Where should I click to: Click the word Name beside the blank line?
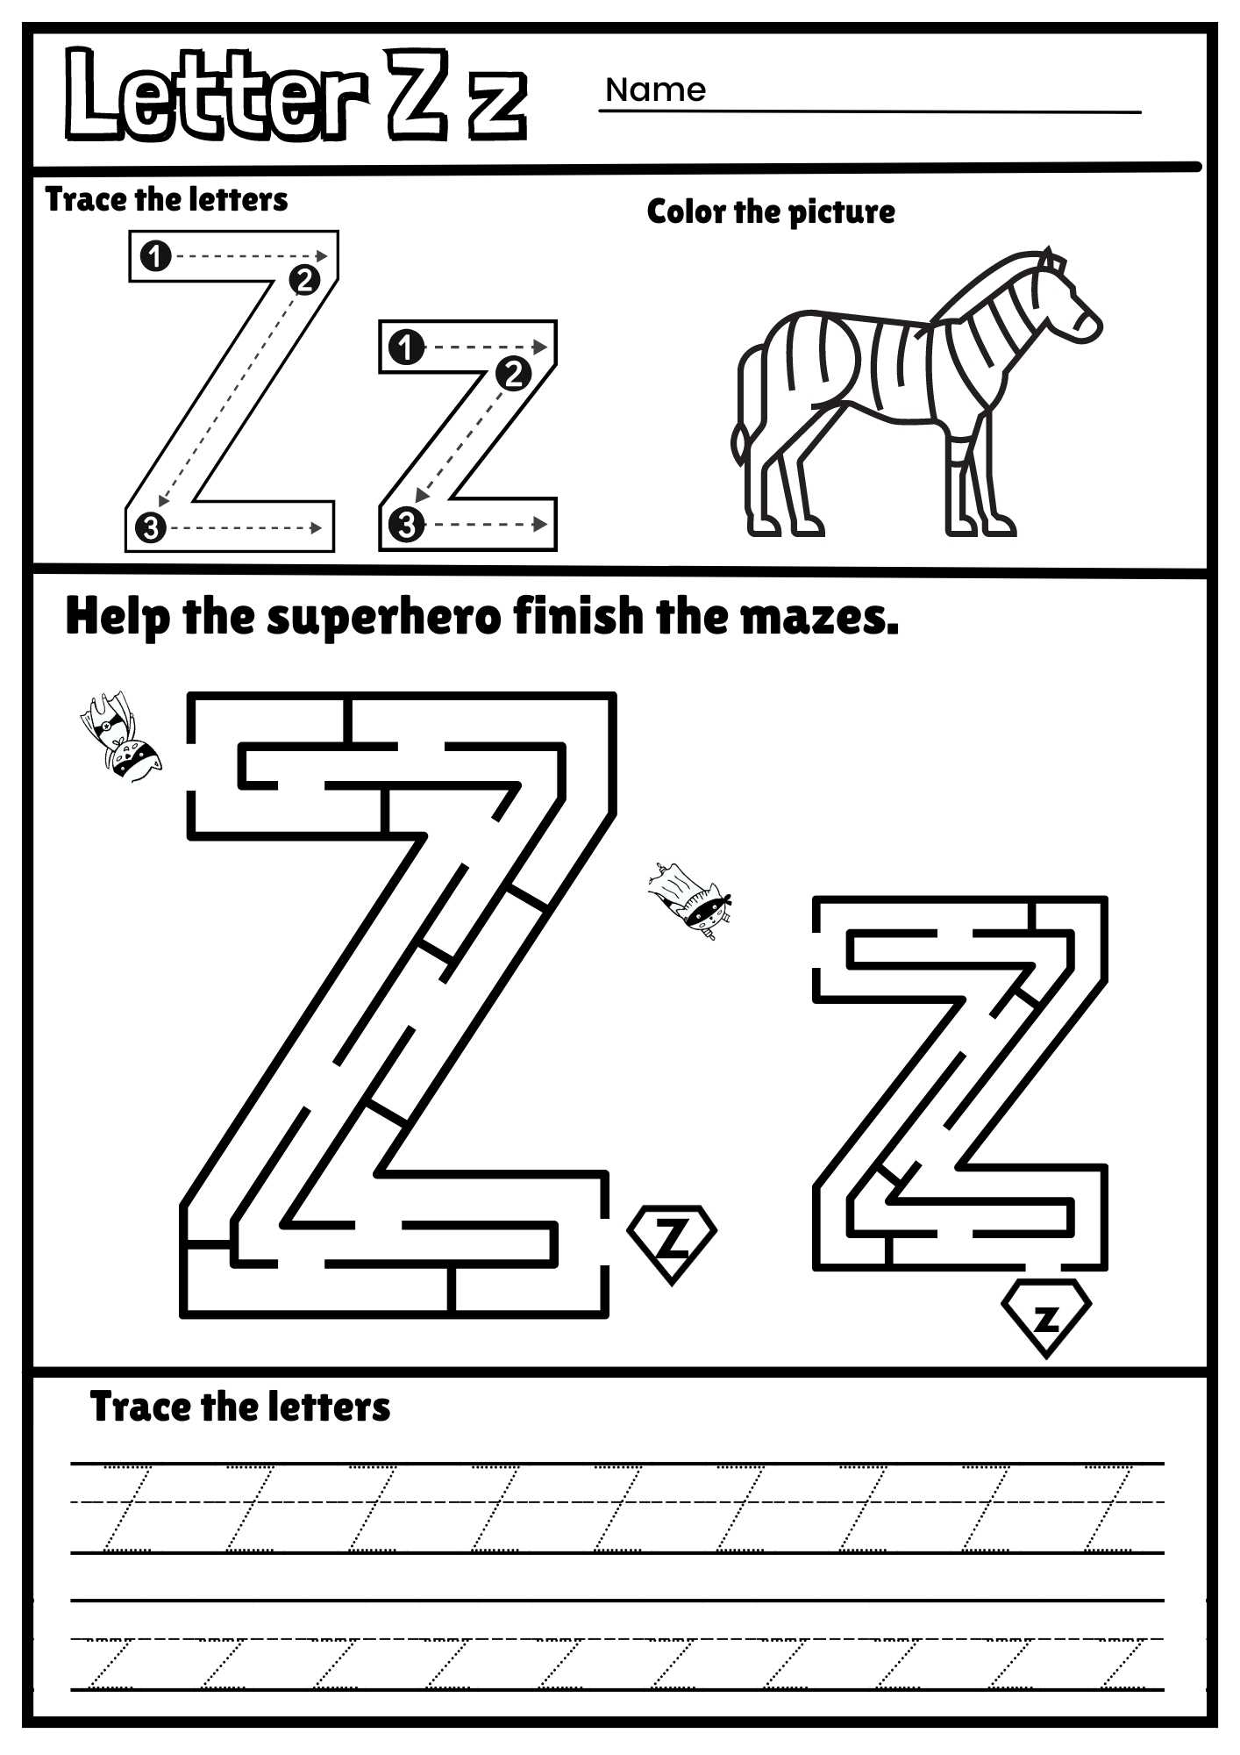pos(655,90)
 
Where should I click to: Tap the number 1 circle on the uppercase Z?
pos(155,256)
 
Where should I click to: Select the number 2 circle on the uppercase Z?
pos(303,280)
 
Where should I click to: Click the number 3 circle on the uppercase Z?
pos(151,528)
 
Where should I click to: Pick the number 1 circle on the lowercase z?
pos(405,347)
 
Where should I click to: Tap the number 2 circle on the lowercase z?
pos(513,374)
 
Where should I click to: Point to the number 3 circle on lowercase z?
pos(405,525)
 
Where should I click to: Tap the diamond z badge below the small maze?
pos(1045,1316)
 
